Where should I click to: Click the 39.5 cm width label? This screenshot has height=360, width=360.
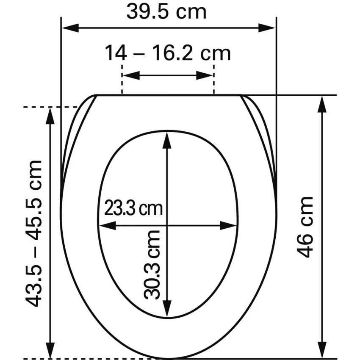(x=166, y=12)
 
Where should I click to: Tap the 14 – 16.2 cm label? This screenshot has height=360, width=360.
(x=168, y=53)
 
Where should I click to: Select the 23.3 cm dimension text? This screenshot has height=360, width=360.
(x=133, y=208)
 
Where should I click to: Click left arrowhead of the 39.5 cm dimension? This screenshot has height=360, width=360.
(x=70, y=28)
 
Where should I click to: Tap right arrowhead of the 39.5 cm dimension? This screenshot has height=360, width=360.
(x=267, y=28)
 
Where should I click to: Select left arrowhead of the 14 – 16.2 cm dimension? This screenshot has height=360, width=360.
(x=131, y=75)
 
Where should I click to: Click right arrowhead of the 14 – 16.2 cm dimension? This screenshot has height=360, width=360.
(x=205, y=75)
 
